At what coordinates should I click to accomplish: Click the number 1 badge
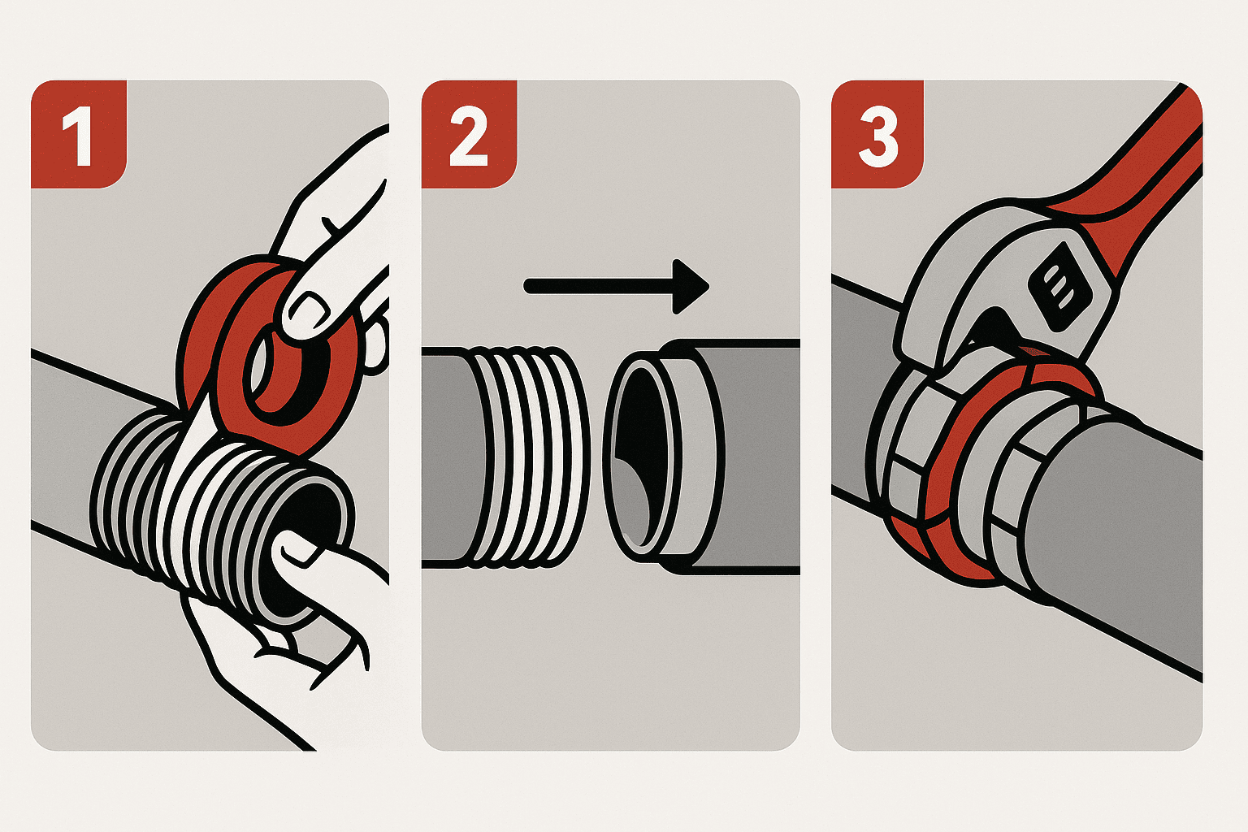79,134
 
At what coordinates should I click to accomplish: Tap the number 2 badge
469,134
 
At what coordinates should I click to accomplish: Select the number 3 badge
877,134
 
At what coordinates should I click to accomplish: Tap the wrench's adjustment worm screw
1057,285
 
